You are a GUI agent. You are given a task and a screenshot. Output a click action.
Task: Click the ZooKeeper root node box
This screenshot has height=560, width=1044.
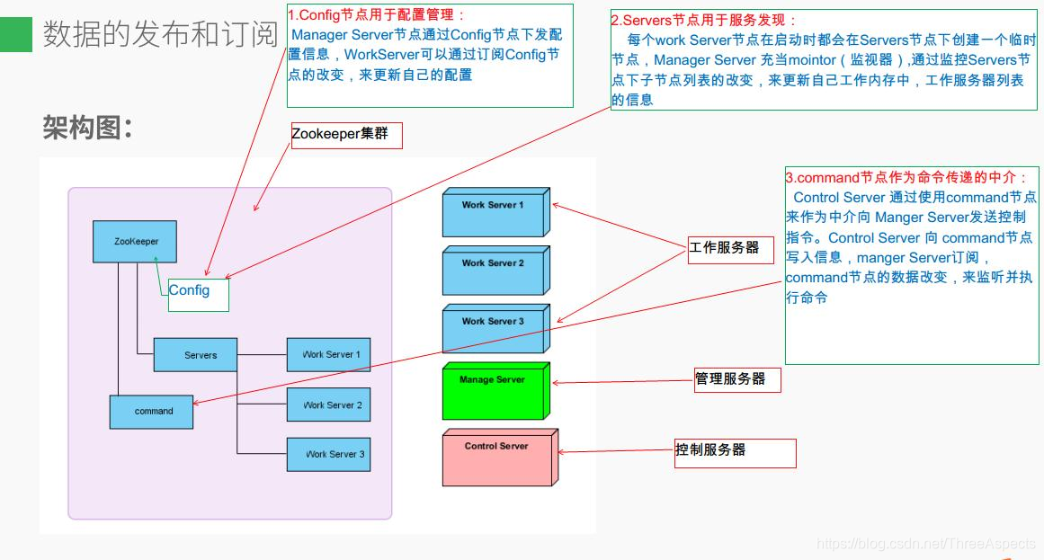136,242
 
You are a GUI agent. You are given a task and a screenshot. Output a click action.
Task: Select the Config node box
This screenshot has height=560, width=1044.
198,292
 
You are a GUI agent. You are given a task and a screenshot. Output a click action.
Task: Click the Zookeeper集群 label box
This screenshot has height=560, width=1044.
346,135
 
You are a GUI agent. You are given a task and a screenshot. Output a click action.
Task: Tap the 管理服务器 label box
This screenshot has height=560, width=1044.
736,379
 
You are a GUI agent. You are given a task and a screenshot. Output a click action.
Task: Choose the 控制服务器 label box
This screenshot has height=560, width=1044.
735,452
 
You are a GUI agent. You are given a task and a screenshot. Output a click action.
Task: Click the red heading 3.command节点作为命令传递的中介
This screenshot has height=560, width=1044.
906,177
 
